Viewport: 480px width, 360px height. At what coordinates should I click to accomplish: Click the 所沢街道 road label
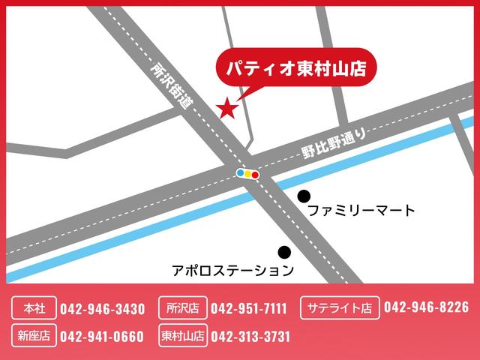tap(171, 86)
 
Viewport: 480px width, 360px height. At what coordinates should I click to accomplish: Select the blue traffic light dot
tap(240, 172)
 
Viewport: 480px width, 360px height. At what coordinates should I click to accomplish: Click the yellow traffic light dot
tap(247, 173)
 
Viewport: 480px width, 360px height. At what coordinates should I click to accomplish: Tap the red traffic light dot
tap(255, 174)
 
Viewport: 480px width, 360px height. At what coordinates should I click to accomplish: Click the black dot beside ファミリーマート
tap(304, 196)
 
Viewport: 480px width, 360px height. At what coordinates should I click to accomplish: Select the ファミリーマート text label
tap(361, 211)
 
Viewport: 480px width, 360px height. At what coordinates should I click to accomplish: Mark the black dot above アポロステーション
tap(284, 252)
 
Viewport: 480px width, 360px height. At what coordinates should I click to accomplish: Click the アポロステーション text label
tap(232, 268)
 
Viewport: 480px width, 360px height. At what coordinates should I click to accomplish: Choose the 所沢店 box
tap(181, 308)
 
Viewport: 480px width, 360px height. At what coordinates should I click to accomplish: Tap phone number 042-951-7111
tap(249, 308)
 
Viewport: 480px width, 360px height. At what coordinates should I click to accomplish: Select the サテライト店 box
tap(338, 307)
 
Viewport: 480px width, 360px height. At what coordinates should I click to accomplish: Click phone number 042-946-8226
tap(426, 307)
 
